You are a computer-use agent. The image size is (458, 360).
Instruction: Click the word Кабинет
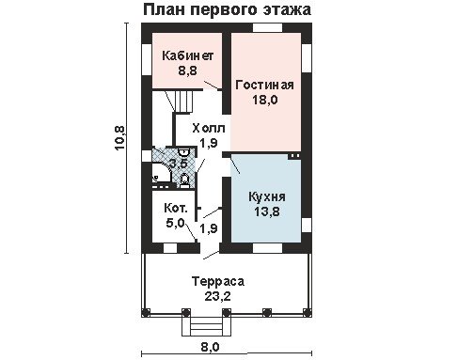coord(188,55)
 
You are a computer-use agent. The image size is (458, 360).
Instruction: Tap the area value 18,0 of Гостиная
coord(265,100)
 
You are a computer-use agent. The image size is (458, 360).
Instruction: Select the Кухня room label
coord(267,197)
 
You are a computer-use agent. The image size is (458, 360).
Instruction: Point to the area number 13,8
coord(267,211)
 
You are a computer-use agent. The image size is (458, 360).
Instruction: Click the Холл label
coord(209,128)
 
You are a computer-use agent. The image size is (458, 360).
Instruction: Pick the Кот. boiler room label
coord(176,208)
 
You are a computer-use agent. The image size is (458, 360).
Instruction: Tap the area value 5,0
coord(175,223)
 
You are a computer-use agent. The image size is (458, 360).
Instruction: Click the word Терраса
coord(218,281)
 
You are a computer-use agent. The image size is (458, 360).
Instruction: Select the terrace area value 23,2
coord(218,296)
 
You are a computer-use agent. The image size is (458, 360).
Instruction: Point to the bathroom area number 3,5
coord(178,164)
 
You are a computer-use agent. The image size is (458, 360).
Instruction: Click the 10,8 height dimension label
coord(120,138)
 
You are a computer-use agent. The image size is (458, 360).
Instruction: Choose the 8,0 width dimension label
coord(211,347)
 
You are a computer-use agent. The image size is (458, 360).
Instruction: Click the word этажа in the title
coord(287,9)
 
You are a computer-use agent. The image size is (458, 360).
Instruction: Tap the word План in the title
coord(165,9)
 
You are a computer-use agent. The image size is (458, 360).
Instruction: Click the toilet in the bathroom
coord(184,180)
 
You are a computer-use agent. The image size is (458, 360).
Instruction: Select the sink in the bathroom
coord(183,152)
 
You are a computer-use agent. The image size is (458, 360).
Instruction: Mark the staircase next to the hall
coord(182,101)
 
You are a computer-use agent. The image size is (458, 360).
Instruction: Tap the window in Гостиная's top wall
coord(267,27)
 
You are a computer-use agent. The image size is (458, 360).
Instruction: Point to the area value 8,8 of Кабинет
coord(188,70)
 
